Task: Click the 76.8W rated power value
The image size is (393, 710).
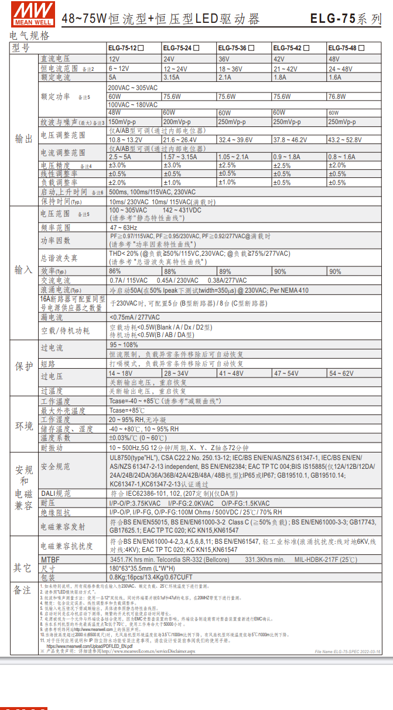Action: (x=337, y=97)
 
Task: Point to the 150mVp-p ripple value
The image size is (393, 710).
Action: (x=122, y=122)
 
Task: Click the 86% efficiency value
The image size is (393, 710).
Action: (x=115, y=272)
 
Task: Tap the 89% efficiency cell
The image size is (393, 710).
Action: (x=225, y=272)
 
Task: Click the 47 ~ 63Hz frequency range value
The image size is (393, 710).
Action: (x=124, y=228)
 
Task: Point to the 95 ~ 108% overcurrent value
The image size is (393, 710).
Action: (x=120, y=345)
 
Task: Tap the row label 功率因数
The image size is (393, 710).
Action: (x=55, y=241)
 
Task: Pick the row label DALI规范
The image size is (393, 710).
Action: (x=56, y=493)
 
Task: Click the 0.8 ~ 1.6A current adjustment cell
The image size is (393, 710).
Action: (x=342, y=157)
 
